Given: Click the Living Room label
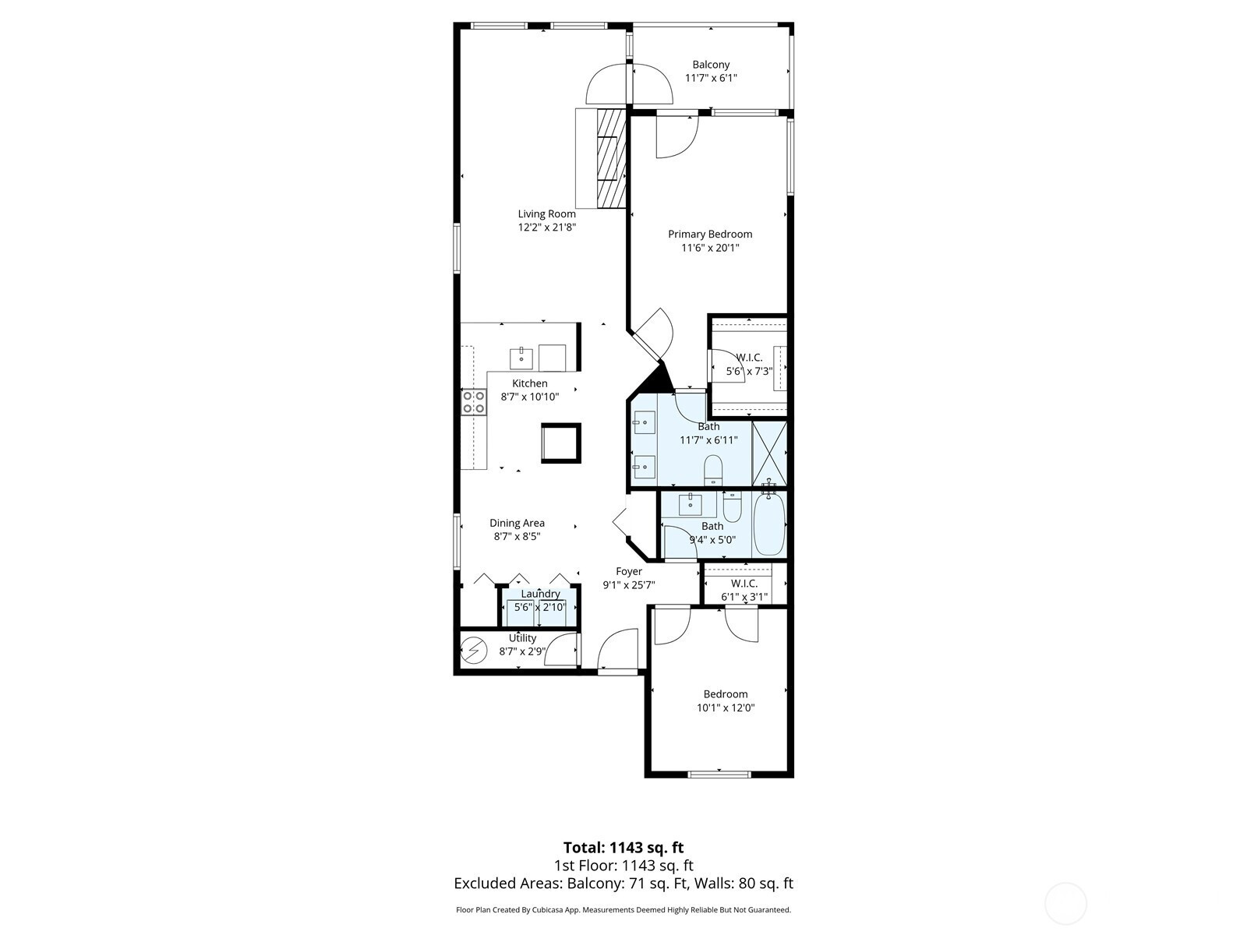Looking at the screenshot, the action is [x=546, y=214].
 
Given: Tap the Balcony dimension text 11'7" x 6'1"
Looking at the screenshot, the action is [x=711, y=79].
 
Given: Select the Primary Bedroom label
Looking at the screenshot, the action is [x=710, y=234].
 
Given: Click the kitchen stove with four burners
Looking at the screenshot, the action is [x=474, y=402].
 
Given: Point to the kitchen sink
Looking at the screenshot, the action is [x=123, y=358].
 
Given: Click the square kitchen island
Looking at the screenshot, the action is [x=561, y=443].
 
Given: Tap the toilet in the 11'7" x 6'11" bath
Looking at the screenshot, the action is [x=713, y=471].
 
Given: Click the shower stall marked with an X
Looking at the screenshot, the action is [x=769, y=453].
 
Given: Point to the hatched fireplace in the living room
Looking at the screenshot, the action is [x=611, y=159].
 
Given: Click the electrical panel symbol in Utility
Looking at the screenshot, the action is [x=473, y=650].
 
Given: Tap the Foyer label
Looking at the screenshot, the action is [x=629, y=572].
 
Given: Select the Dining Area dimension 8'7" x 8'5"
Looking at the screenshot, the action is [x=517, y=537].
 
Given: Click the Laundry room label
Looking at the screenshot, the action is [x=540, y=594].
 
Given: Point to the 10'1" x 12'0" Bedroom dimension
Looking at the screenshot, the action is [x=726, y=708].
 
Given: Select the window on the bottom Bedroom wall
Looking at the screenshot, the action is [x=719, y=774].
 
